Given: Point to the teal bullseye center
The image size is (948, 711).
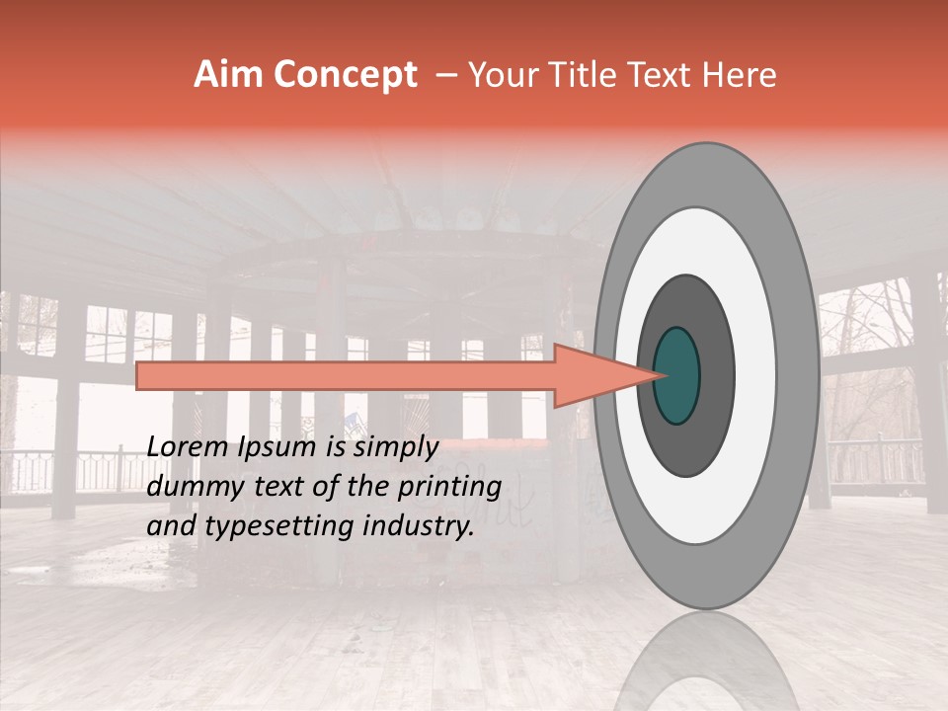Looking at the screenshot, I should click(677, 375).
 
